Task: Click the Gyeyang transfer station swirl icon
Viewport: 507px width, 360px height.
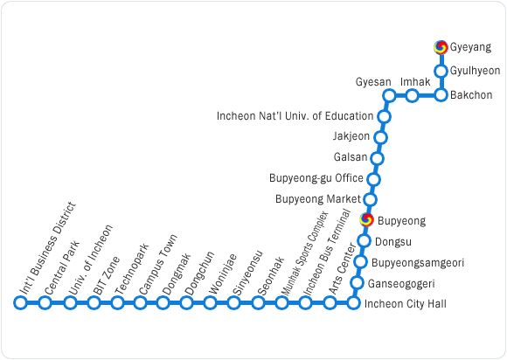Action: coord(441,47)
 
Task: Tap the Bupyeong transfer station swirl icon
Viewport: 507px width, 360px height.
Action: coord(366,219)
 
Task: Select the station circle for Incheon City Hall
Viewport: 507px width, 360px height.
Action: coord(353,303)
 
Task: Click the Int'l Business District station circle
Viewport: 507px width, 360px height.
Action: coord(20,303)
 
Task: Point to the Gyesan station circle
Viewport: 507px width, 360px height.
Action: coord(389,95)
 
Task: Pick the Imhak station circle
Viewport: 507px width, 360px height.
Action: coord(412,95)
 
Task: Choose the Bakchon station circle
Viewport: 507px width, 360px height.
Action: coord(441,95)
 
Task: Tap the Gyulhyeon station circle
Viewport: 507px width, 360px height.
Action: coord(441,71)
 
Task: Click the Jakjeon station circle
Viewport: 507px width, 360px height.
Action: coord(380,138)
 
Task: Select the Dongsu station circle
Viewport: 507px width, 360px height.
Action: coord(364,241)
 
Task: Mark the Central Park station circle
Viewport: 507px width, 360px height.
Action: coord(45,303)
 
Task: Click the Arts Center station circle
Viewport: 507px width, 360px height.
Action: coord(330,303)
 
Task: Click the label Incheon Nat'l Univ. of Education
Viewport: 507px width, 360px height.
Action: coord(295,116)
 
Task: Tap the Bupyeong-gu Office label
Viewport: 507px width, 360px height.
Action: coord(316,178)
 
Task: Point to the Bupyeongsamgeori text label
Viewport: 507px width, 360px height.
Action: coord(418,263)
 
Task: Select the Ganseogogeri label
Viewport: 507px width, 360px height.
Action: coord(401,284)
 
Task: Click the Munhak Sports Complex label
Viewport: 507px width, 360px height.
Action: coord(305,253)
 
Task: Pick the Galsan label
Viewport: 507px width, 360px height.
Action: coord(351,157)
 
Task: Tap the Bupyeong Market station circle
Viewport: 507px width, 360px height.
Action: coord(370,200)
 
